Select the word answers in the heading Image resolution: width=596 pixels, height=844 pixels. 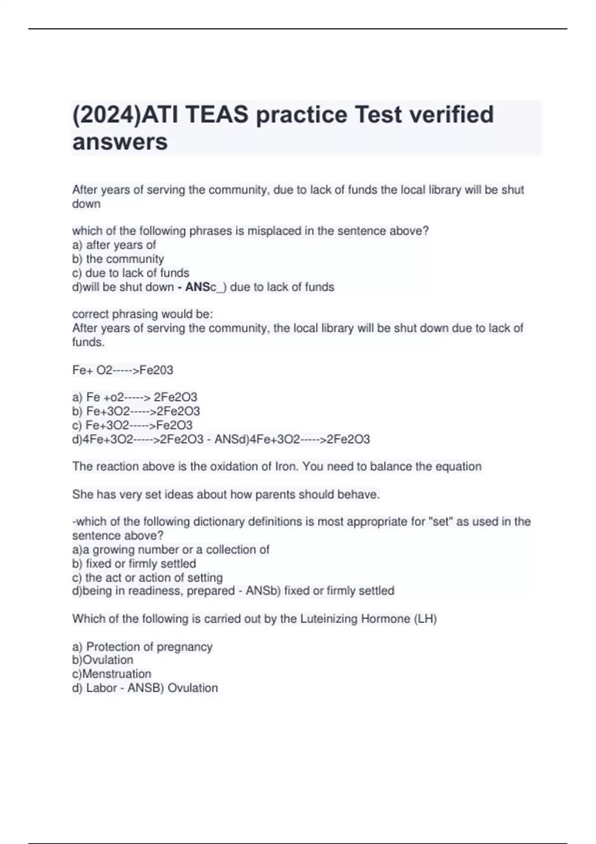tap(120, 142)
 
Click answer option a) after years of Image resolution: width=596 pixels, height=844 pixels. tap(114, 245)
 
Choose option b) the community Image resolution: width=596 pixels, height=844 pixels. tap(118, 259)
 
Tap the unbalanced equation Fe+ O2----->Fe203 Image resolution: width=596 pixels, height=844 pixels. tap(122, 370)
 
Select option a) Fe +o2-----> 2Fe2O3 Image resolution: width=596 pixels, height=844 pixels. tap(134, 397)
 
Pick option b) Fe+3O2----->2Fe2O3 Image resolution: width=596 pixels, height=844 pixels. tap(136, 411)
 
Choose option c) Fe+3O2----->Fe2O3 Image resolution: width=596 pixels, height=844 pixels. tap(132, 425)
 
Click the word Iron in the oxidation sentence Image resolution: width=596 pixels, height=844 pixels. tap(287, 467)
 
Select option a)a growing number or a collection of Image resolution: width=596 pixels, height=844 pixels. tap(170, 550)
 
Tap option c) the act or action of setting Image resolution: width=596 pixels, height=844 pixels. tap(147, 577)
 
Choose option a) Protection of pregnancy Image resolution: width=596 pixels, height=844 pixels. tap(142, 646)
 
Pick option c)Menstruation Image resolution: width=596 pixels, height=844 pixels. tap(111, 674)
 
